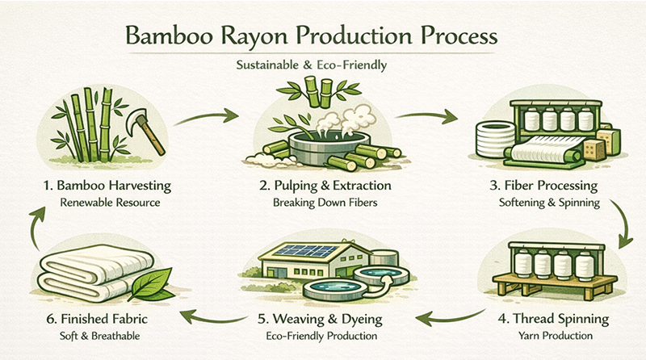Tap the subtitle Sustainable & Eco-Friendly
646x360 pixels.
click(323, 66)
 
